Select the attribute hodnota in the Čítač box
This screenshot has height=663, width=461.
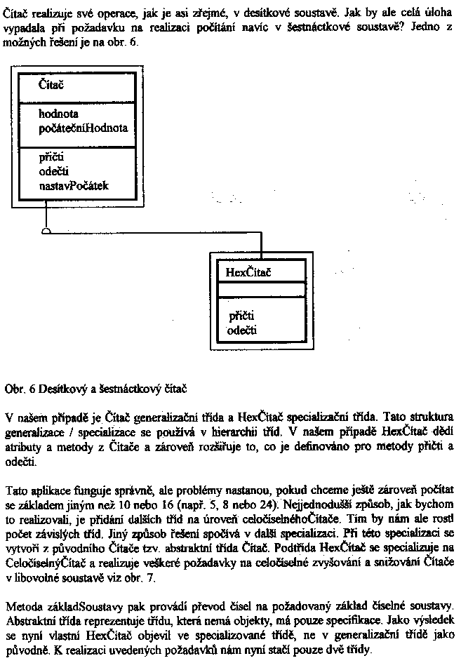coord(59,114)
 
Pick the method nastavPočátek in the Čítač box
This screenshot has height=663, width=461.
coord(74,186)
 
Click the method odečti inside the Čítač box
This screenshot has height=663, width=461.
coord(54,173)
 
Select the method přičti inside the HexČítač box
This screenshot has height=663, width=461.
coord(241,316)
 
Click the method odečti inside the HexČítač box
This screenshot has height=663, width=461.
coord(243,329)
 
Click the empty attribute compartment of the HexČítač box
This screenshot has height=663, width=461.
coord(261,289)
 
